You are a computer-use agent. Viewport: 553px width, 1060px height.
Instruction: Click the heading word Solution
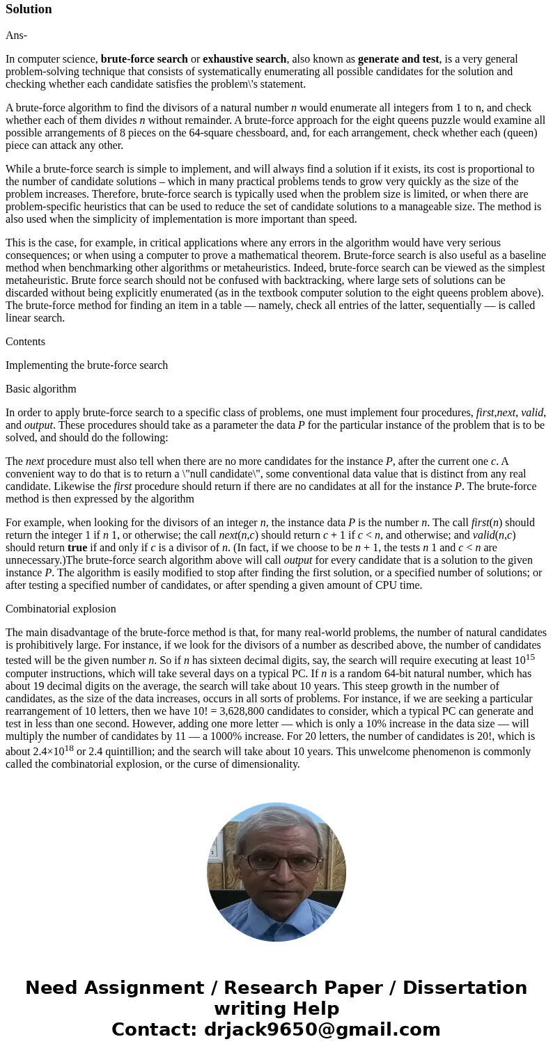pos(29,9)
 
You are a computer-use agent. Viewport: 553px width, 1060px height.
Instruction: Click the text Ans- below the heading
pos(16,35)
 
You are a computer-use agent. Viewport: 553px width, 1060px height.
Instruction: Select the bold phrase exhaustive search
pos(244,59)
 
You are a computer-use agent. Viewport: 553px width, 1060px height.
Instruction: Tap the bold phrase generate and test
pos(398,59)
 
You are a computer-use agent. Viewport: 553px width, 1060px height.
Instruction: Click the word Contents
pos(25,342)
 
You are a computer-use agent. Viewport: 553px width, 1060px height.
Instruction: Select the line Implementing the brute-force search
pos(86,365)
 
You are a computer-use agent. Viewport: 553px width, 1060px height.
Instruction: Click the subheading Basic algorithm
pos(41,389)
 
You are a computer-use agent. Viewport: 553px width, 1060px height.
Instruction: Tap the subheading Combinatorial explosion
pos(61,609)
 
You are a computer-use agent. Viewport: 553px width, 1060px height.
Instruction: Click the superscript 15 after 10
pos(530,657)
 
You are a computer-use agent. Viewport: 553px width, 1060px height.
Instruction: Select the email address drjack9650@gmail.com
pos(322,1030)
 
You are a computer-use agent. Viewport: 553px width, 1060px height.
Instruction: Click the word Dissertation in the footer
pos(465,988)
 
